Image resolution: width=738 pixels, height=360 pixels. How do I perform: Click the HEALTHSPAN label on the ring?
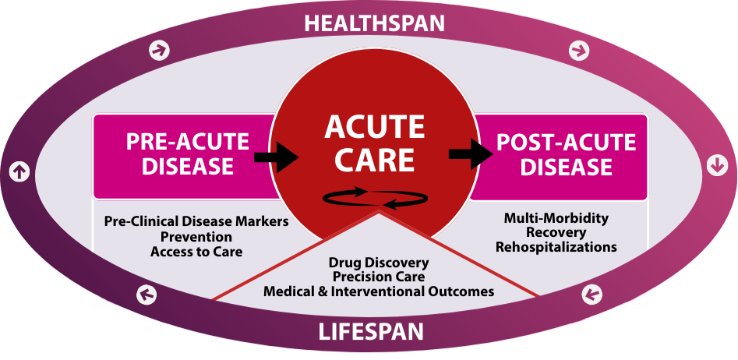[x=374, y=23]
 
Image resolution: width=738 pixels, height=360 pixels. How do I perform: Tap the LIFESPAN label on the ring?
[x=371, y=332]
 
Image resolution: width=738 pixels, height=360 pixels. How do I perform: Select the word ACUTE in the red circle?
[x=374, y=128]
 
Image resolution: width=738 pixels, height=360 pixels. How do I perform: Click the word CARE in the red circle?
[x=374, y=160]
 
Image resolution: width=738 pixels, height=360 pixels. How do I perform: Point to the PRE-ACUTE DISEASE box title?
[x=188, y=154]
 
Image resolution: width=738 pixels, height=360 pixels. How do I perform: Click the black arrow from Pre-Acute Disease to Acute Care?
[x=277, y=158]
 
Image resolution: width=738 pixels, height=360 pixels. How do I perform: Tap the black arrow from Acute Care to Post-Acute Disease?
[x=472, y=153]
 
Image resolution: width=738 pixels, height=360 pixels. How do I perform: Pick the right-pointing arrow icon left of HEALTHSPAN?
[x=161, y=51]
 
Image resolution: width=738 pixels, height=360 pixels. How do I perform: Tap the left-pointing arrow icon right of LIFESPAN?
[x=592, y=295]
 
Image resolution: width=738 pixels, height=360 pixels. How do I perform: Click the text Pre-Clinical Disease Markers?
[x=196, y=221]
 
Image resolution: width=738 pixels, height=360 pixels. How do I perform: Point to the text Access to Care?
[x=196, y=251]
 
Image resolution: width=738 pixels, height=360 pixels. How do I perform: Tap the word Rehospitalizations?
[x=556, y=247]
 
